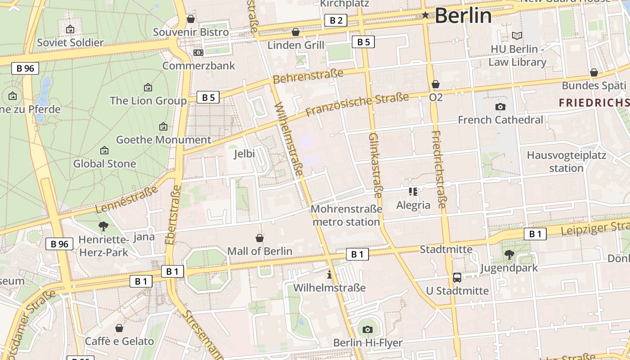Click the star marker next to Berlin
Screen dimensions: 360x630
(x=425, y=15)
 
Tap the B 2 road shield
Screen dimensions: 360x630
(x=336, y=20)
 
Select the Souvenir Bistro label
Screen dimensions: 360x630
(x=191, y=32)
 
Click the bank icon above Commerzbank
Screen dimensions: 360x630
(x=198, y=53)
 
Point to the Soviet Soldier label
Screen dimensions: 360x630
(x=70, y=43)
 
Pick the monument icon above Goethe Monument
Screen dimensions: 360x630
(x=163, y=127)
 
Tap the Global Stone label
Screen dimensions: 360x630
(x=104, y=164)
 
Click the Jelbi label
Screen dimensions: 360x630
(x=244, y=154)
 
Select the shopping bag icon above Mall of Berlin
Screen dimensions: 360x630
(x=260, y=238)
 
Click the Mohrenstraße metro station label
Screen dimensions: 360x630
(x=346, y=216)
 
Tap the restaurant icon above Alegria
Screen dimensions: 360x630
(x=413, y=192)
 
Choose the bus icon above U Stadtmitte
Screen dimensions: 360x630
(x=457, y=278)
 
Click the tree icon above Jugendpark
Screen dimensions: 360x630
(x=509, y=255)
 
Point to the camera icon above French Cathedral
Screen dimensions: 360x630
(x=500, y=107)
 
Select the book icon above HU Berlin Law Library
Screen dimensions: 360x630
(x=517, y=36)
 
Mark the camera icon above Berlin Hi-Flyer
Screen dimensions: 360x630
(x=368, y=329)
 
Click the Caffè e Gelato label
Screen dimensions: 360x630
(x=119, y=341)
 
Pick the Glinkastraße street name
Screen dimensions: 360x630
(x=375, y=165)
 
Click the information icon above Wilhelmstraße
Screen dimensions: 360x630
(x=329, y=274)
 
